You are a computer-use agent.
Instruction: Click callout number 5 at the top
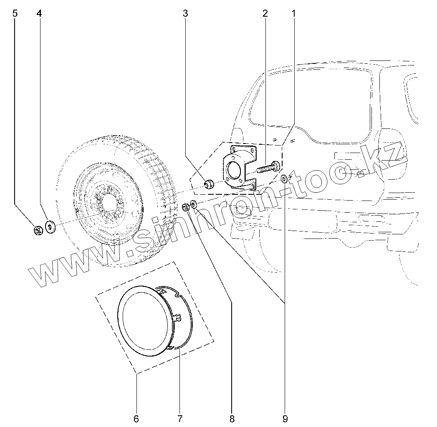click(x=15, y=13)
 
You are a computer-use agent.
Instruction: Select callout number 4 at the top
click(x=39, y=13)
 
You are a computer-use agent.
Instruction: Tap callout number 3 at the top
click(x=185, y=13)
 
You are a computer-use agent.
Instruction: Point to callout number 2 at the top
click(x=265, y=13)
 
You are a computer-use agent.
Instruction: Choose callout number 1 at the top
click(x=293, y=13)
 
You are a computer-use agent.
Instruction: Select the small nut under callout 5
click(x=38, y=230)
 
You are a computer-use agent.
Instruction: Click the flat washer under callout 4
click(x=51, y=227)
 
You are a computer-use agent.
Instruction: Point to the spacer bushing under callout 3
click(x=209, y=183)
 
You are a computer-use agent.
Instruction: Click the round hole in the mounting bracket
click(x=232, y=170)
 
